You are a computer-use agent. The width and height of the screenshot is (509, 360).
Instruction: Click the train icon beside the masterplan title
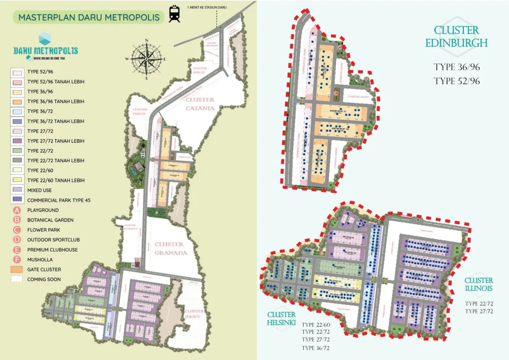175,14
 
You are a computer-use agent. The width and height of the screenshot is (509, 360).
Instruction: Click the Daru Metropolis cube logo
45,39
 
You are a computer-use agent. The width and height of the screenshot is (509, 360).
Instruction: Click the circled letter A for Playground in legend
17,210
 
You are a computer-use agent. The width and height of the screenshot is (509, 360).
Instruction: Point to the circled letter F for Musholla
17,259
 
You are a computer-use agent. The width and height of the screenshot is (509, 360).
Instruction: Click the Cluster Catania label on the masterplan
200,104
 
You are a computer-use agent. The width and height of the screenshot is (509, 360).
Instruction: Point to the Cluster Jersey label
194,314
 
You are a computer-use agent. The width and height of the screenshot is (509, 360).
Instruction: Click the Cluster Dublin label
139,112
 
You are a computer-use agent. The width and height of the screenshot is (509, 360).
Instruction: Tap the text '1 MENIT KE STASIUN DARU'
207,7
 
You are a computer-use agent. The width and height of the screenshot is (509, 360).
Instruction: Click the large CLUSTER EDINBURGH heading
456,36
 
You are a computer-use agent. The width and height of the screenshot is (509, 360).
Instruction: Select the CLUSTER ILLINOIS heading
478,284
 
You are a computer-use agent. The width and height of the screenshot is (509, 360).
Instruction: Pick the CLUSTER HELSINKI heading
281,318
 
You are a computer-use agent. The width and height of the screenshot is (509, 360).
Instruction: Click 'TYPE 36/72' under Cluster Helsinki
316,348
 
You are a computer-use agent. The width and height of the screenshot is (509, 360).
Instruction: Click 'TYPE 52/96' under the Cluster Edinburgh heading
456,81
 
